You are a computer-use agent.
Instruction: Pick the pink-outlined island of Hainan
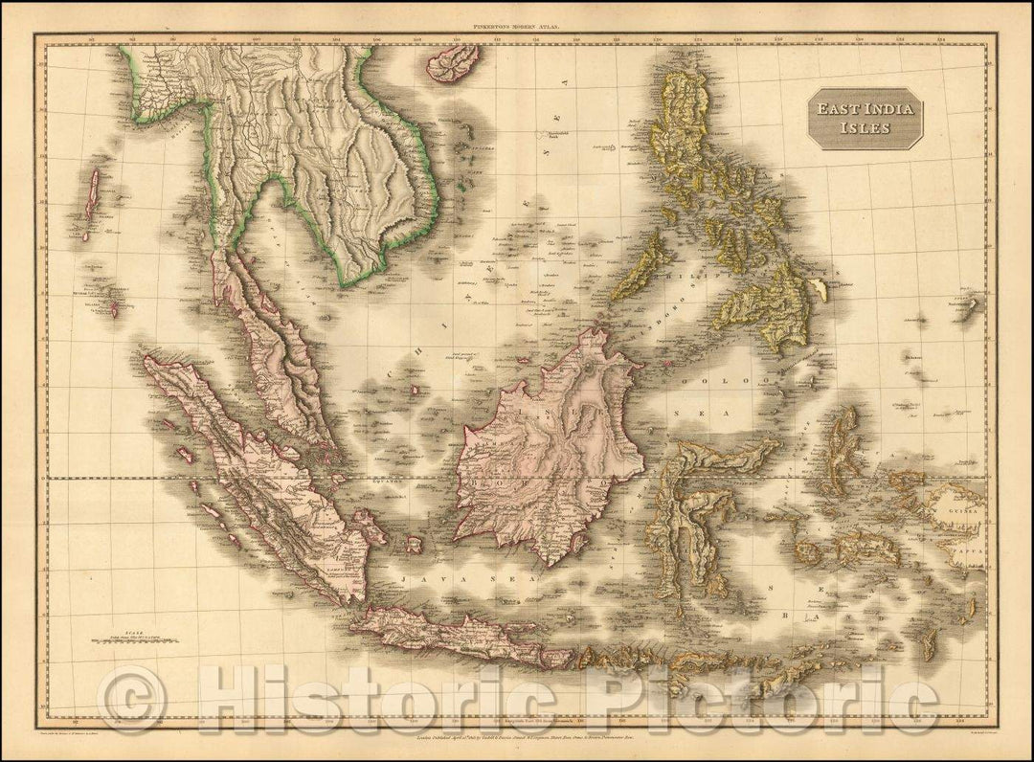tap(453, 62)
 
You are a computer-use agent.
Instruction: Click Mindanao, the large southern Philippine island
tap(766, 306)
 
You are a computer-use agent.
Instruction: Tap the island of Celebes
tap(689, 507)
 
